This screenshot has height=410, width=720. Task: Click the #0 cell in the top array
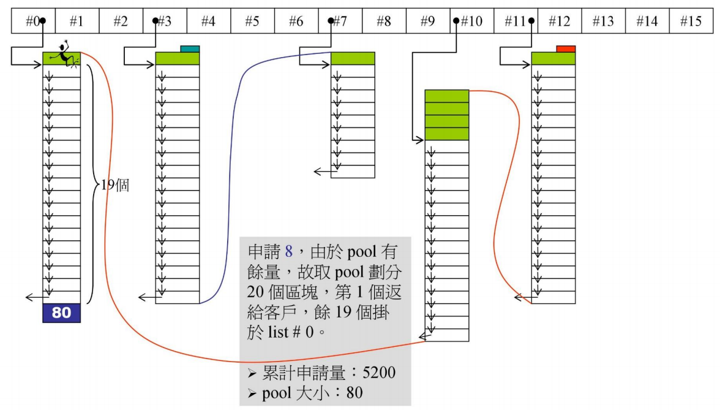coord(33,21)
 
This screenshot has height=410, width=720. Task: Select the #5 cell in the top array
coord(252,21)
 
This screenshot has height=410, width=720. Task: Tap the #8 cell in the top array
coord(384,21)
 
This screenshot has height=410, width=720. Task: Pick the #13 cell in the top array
coord(603,21)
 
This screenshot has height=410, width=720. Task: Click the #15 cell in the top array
coord(691,21)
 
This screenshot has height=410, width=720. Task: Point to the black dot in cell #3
coord(156,21)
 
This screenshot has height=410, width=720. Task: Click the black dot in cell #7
coord(331,21)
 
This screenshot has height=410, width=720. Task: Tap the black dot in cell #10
coord(456,21)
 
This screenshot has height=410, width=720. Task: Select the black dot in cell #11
coord(531,21)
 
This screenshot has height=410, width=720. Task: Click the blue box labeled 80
coord(61,313)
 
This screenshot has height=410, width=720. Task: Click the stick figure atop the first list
coord(64,54)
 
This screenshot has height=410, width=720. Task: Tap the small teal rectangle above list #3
coord(190,49)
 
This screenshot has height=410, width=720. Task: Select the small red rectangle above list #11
coord(566,49)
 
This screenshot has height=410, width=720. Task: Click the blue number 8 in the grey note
coord(290,252)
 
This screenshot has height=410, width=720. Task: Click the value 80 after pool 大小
coord(354,392)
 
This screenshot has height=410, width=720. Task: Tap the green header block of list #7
coord(353,58)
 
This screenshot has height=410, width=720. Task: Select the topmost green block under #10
coord(446,96)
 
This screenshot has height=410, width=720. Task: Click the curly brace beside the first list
coord(91,184)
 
